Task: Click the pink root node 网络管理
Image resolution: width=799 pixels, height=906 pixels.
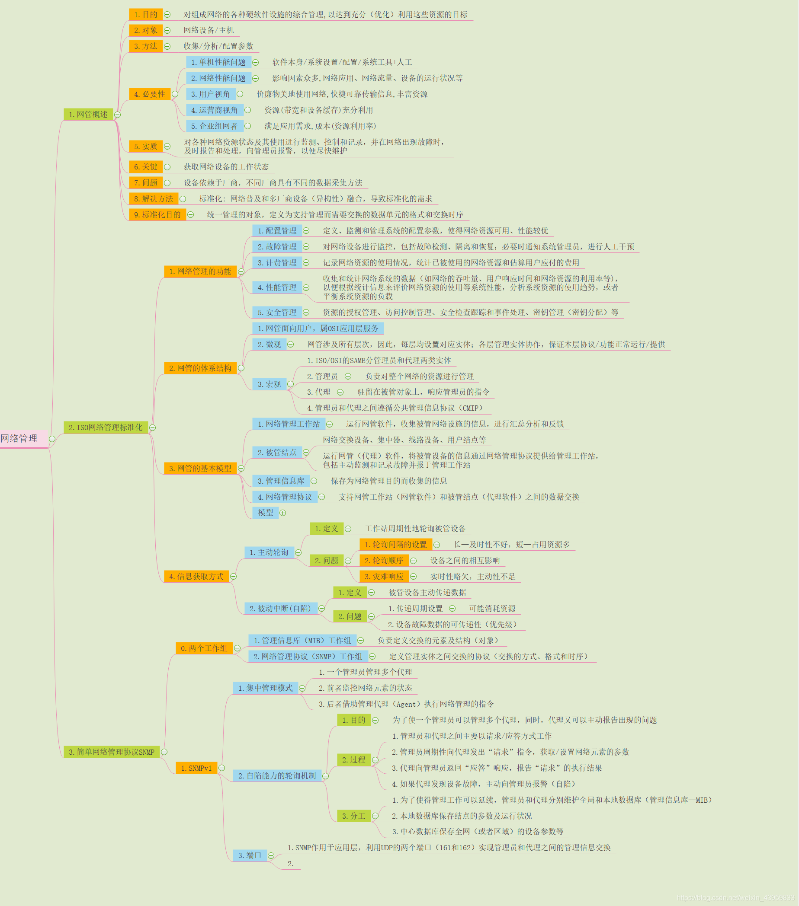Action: point(20,438)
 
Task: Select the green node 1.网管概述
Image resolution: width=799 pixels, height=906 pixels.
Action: point(88,115)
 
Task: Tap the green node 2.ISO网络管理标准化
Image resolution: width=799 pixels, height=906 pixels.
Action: point(106,427)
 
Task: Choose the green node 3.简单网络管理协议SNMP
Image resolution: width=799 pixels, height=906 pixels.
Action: point(111,752)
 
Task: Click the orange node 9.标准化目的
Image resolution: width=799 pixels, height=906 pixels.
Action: point(157,214)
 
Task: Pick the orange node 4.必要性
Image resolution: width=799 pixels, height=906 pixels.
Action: point(150,94)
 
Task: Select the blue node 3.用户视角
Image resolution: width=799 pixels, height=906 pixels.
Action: point(210,94)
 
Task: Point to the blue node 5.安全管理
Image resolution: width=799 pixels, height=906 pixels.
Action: point(277,312)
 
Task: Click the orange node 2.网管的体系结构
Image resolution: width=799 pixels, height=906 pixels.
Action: point(200,368)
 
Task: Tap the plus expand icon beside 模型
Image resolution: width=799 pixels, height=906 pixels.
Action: point(282,513)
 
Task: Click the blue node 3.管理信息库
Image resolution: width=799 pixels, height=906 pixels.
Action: point(281,481)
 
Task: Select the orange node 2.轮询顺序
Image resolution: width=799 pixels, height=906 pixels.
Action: point(384,561)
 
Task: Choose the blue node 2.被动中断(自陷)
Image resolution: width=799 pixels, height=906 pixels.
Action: point(280,609)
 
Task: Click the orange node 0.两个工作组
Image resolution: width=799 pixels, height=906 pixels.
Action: point(204,648)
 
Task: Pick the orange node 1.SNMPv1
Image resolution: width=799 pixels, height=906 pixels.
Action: point(196,768)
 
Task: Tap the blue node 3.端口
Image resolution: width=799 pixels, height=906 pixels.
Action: point(250,855)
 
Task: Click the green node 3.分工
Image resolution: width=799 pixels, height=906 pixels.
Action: point(353,816)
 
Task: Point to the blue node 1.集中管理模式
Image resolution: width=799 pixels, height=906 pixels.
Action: point(265,688)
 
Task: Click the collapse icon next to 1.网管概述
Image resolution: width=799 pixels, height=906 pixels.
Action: point(118,115)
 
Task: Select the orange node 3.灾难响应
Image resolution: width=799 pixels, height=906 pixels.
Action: point(384,577)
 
